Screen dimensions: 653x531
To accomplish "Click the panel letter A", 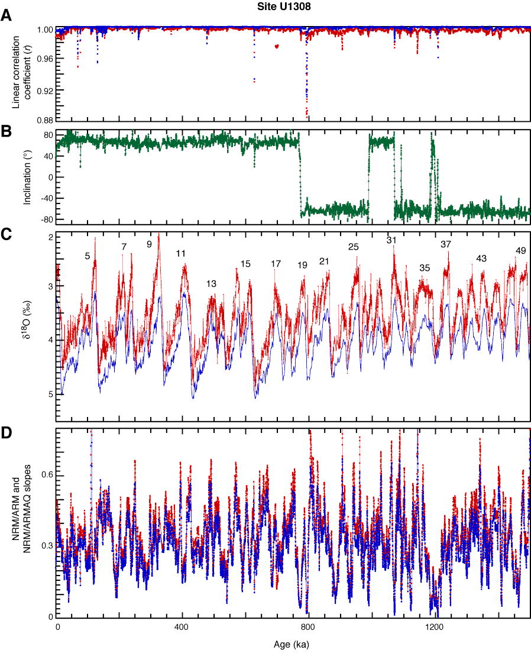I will point(6,17).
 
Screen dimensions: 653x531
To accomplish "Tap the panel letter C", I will point(6,234).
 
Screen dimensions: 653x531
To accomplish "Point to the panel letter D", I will point(6,433).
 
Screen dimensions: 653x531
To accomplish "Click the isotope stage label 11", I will point(181,254).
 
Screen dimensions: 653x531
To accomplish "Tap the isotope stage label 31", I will point(391,240).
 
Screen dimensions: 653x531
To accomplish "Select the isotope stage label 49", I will point(520,251).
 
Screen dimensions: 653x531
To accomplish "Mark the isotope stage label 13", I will point(211,284).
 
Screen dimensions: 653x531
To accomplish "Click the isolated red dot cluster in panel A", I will point(277,46).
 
